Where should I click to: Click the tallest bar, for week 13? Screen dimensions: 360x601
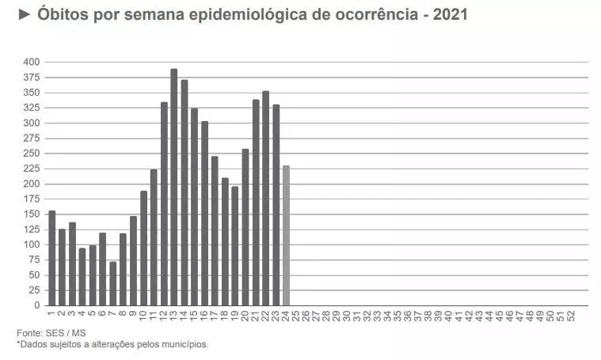174,188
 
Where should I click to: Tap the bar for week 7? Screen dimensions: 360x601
113,283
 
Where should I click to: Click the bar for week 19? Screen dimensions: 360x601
235,246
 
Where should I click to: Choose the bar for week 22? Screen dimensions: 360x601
265,198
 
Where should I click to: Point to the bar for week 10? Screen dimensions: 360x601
144,248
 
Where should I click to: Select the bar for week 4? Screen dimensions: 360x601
82,276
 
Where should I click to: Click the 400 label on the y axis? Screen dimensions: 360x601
31,62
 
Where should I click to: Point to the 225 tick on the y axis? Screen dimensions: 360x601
31,169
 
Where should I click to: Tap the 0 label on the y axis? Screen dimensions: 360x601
36,305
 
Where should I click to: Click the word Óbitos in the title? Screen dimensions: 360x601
63,15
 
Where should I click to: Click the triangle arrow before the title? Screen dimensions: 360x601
23,15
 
